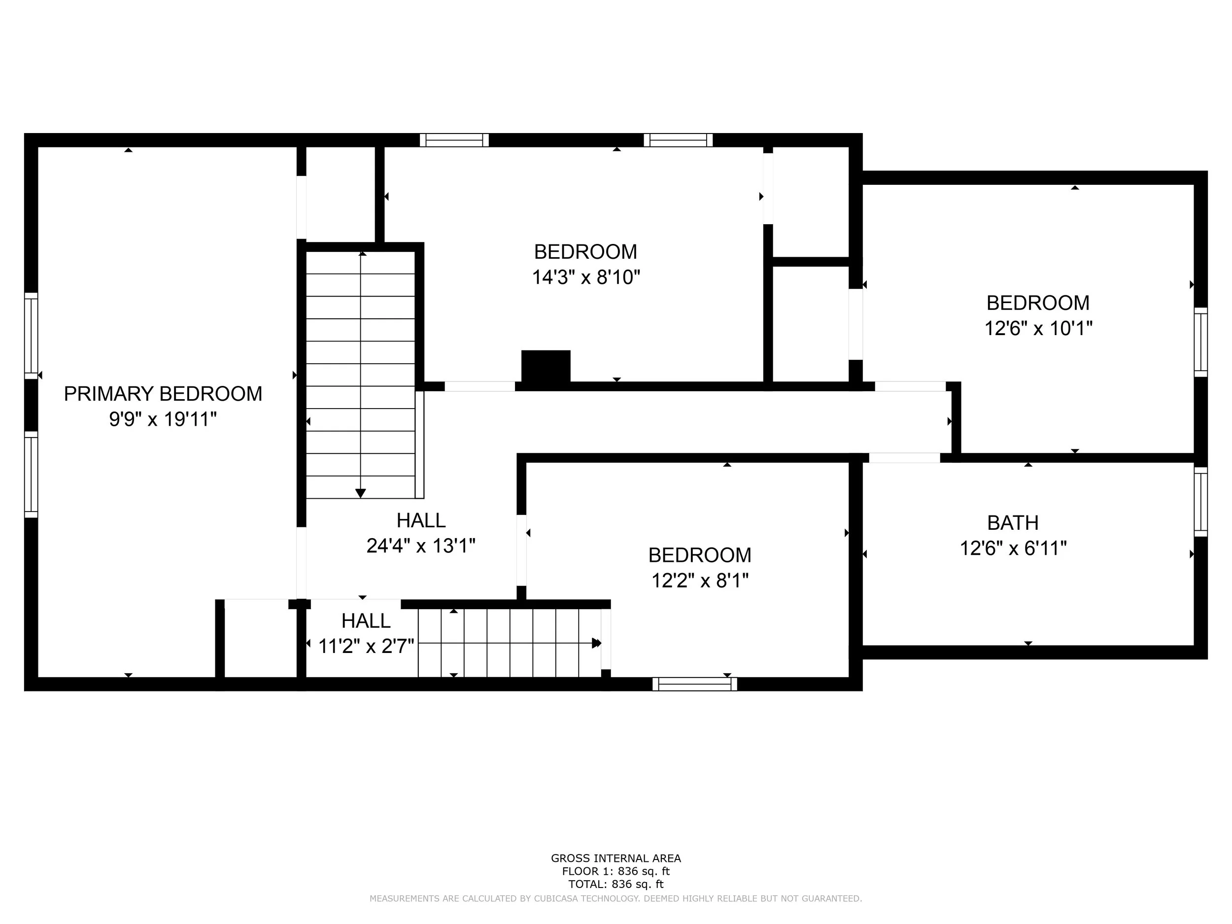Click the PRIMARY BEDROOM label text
[x=163, y=394]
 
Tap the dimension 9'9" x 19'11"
[x=163, y=419]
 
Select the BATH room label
[x=1013, y=523]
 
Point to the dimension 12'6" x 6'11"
[x=1013, y=548]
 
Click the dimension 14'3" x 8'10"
[x=586, y=277]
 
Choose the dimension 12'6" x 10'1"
[x=1038, y=329]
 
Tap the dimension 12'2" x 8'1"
[x=700, y=581]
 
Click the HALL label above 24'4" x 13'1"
[x=421, y=520]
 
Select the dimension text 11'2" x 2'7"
[x=366, y=646]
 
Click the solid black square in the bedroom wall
[x=545, y=366]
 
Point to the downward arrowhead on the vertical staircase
[x=360, y=493]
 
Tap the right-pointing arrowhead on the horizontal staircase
[x=596, y=643]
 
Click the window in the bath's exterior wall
[x=1200, y=502]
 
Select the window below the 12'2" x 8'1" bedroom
[x=694, y=684]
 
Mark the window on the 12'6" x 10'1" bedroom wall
[x=1200, y=342]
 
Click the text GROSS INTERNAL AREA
[x=616, y=858]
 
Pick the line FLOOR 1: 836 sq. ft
[x=616, y=871]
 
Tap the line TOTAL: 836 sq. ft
[x=616, y=884]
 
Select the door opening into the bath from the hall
[x=904, y=458]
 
